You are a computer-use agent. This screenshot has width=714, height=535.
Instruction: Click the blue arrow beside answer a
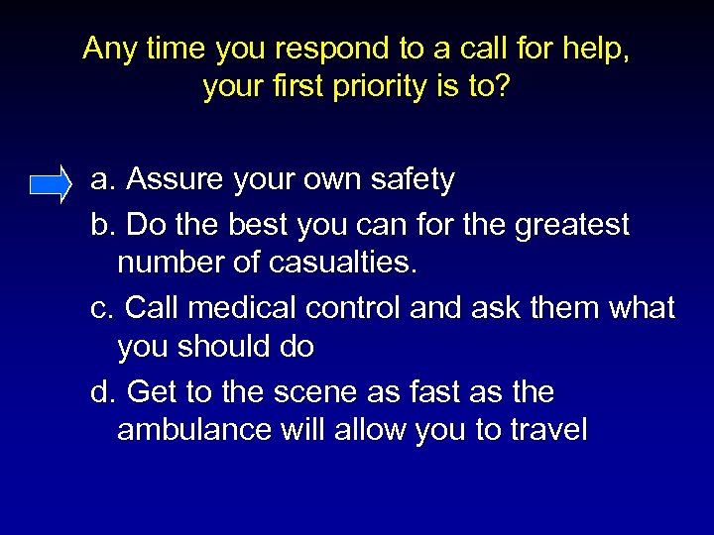(x=51, y=184)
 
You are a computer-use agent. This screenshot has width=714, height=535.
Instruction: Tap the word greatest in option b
(x=572, y=226)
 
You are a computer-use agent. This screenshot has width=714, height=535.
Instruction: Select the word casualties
(x=342, y=264)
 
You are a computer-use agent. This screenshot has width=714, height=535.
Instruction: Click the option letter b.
(x=100, y=226)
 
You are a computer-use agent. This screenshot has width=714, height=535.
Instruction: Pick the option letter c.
(x=100, y=308)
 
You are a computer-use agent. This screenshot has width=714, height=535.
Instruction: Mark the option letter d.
(x=100, y=392)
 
